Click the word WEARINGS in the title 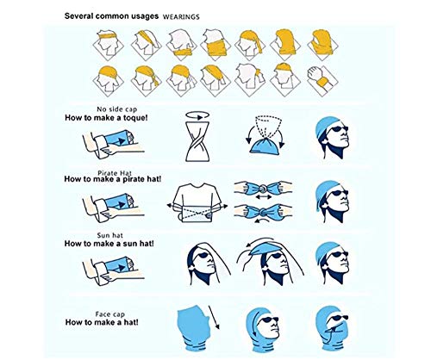click(x=181, y=17)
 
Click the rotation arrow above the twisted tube click(x=197, y=115)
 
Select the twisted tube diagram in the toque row click(x=197, y=141)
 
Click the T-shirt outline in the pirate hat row click(x=197, y=203)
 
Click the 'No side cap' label click(x=117, y=109)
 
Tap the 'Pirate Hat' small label click(x=115, y=173)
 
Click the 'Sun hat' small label click(x=110, y=236)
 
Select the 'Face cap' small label click(x=110, y=314)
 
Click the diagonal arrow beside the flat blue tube click(x=214, y=317)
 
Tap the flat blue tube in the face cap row click(x=194, y=329)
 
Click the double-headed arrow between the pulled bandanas click(x=264, y=197)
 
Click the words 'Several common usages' click(x=111, y=16)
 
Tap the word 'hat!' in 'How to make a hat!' click(x=131, y=322)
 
